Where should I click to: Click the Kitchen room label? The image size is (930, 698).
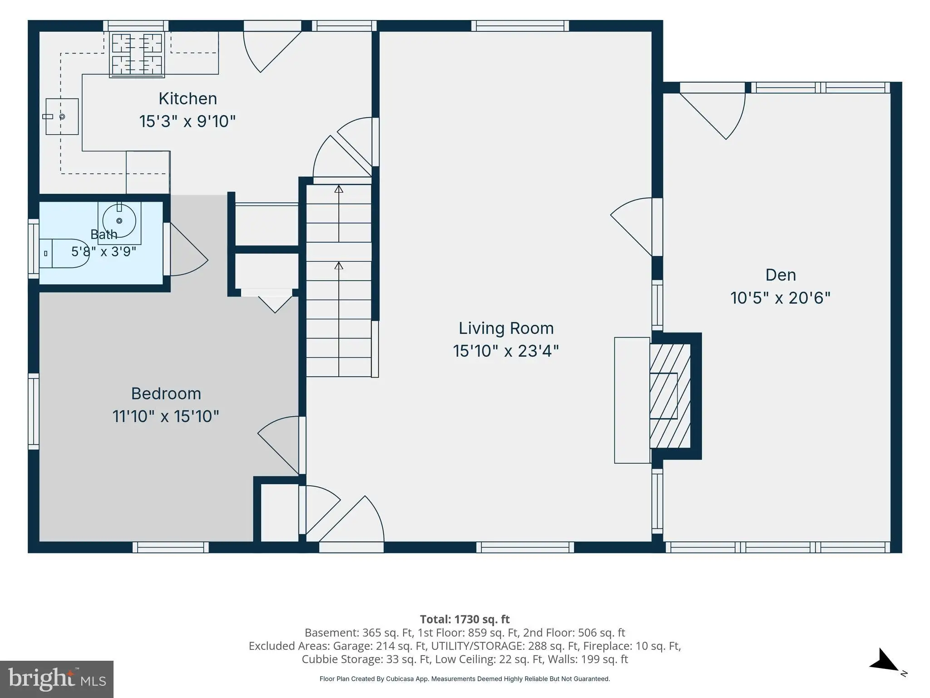[x=188, y=99]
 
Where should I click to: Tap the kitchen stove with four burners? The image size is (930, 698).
[x=137, y=54]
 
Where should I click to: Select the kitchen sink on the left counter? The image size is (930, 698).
[x=62, y=117]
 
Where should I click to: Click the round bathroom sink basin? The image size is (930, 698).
[x=119, y=221]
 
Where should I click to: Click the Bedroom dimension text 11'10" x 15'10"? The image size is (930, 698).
[x=166, y=416]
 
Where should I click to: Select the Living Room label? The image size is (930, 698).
[x=506, y=328]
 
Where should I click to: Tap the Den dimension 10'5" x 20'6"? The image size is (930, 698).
[x=780, y=298]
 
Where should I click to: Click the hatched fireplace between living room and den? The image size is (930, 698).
[x=670, y=396]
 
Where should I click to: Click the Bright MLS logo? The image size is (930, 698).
[x=57, y=679]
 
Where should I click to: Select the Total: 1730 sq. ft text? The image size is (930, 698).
[x=465, y=619]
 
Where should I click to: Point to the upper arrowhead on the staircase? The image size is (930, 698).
[x=339, y=189]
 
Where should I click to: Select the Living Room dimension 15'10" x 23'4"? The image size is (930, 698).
[x=506, y=351]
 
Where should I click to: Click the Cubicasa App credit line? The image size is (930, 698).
[x=465, y=679]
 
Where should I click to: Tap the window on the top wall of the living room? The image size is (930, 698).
[x=519, y=26]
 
